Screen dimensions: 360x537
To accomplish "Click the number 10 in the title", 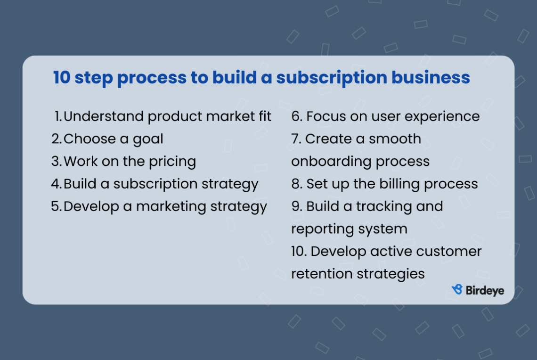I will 61,78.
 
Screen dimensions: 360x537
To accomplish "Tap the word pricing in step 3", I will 172,162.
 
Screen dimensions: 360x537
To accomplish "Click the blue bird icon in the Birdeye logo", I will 457,289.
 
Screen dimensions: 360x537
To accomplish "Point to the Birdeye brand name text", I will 485,290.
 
